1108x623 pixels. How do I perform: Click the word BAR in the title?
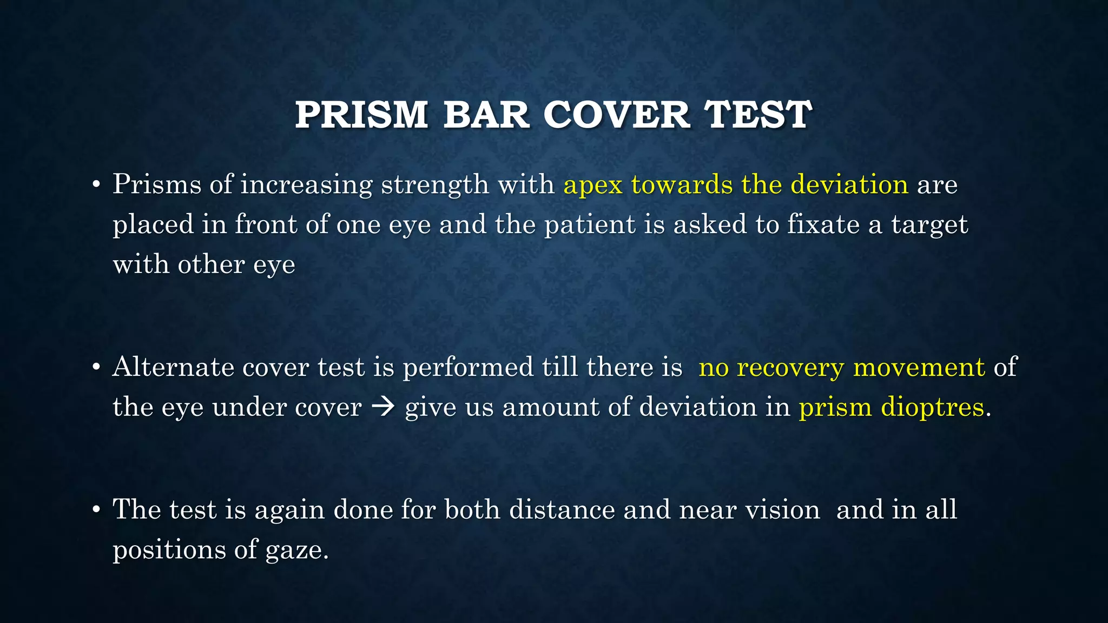(486, 115)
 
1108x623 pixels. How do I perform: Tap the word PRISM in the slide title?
(361, 115)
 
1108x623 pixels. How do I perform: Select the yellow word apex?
(593, 185)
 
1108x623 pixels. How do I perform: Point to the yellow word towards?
(682, 184)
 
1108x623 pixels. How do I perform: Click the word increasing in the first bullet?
(306, 185)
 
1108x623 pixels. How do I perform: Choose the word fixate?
(823, 225)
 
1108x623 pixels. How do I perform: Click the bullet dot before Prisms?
(96, 185)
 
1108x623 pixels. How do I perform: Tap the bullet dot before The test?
(96, 510)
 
